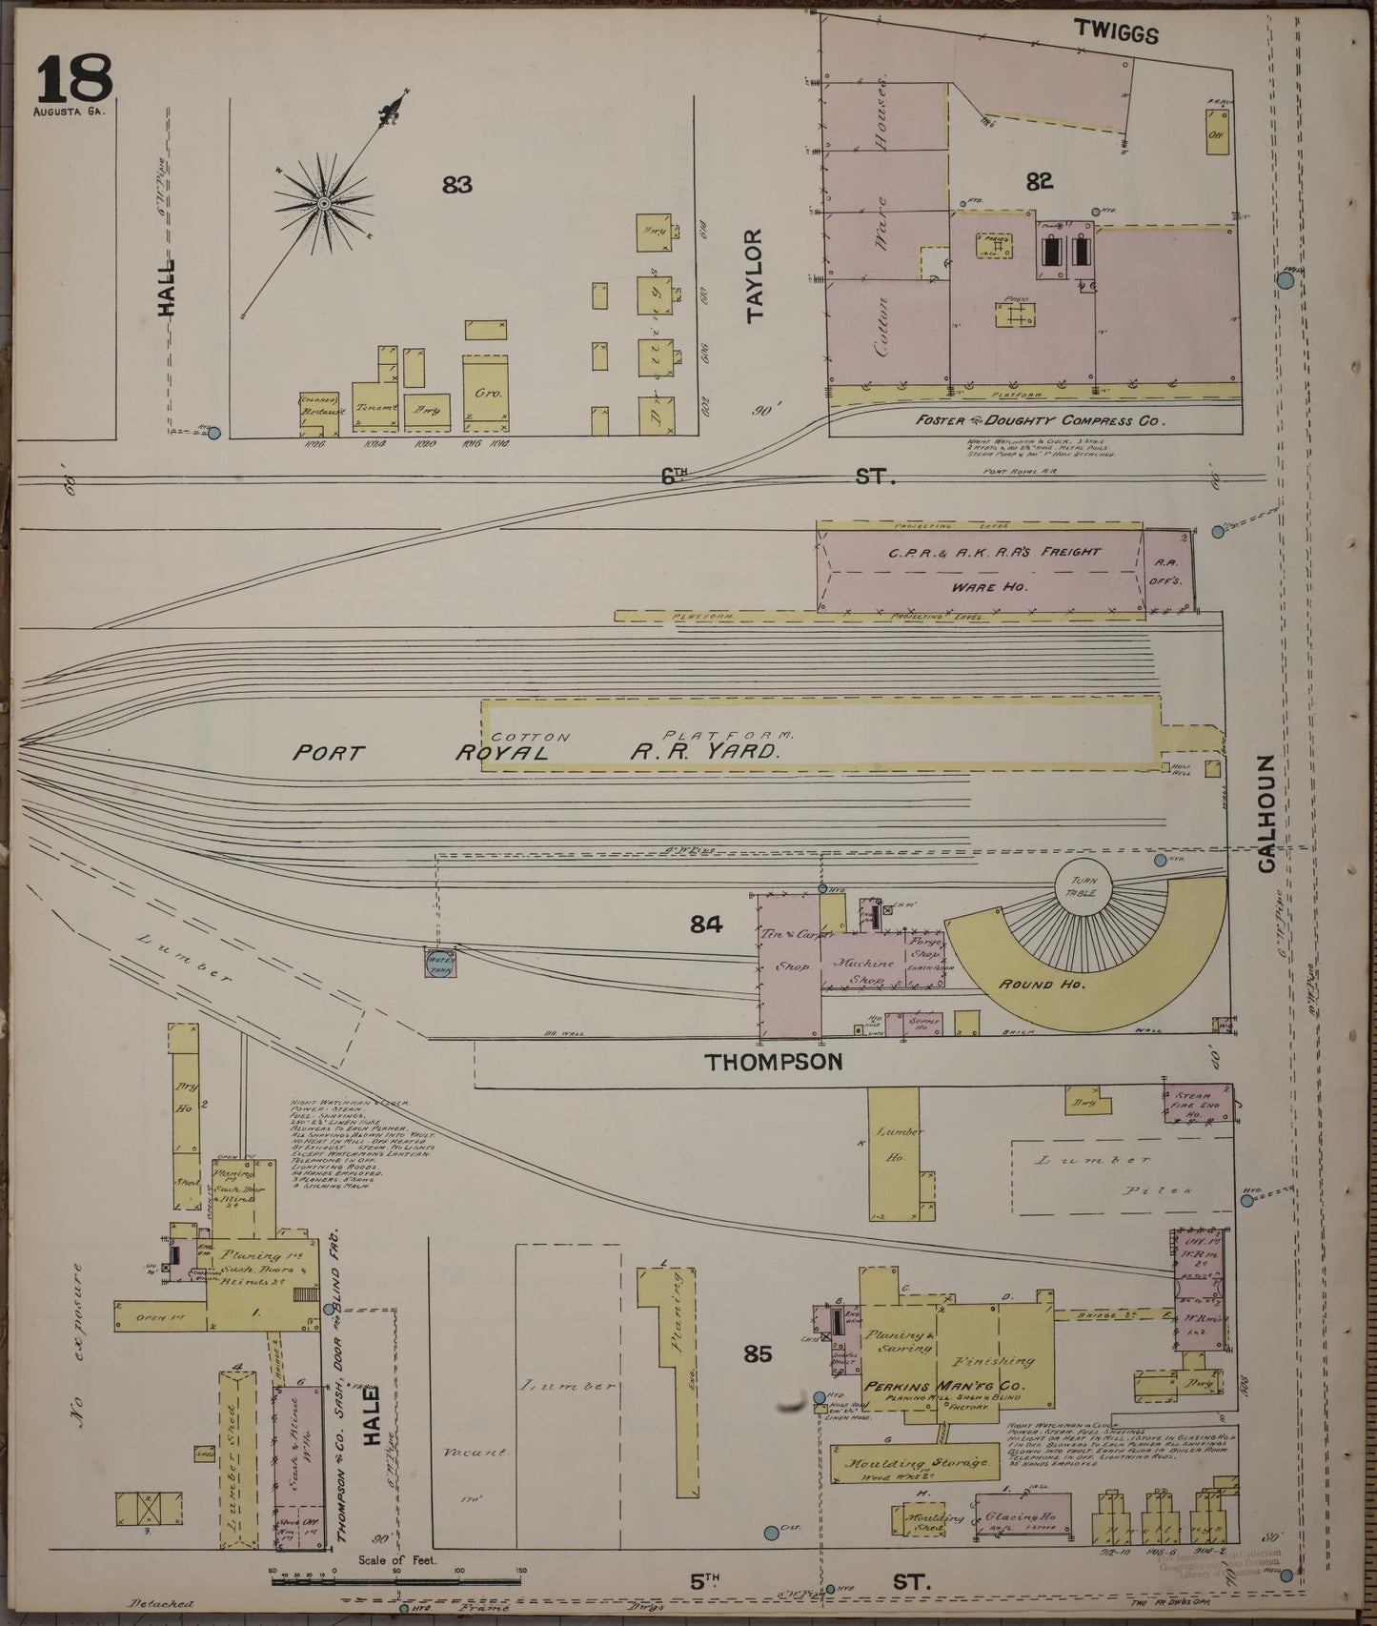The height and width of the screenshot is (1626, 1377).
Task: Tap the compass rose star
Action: [x=325, y=203]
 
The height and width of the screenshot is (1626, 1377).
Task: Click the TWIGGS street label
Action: [x=1116, y=33]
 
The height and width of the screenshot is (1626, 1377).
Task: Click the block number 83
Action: [x=457, y=185]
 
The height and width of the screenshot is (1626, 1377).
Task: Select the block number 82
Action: [x=1040, y=181]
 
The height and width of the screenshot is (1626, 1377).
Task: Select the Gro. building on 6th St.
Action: [x=485, y=391]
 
